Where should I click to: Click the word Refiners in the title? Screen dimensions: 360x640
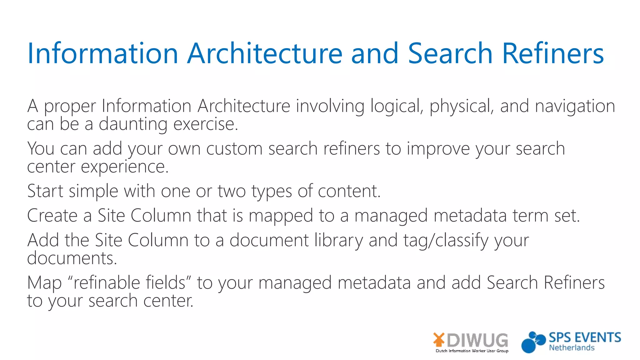[x=553, y=53]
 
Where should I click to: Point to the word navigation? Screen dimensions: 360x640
[x=575, y=106]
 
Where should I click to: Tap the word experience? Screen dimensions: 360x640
[x=125, y=167]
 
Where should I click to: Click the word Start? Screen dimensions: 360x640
[x=45, y=191]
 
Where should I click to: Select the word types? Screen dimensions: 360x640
[x=272, y=192]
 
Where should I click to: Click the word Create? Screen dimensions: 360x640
[x=52, y=216]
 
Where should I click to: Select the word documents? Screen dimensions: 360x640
[x=72, y=258]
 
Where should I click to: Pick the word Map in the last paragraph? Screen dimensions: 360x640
[x=44, y=283]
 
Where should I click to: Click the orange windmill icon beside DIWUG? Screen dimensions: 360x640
[x=439, y=340]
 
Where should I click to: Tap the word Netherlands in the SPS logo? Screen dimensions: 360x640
[x=572, y=348]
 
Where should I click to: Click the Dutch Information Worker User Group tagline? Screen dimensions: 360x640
[x=472, y=351]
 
